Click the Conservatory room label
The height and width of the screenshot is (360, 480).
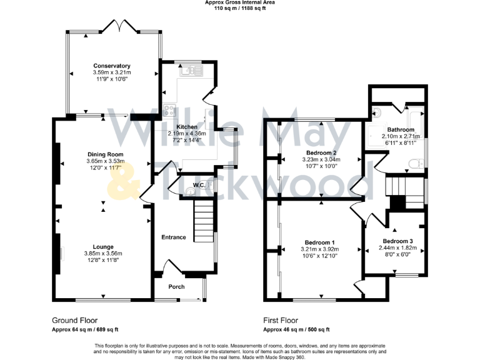point(111,66)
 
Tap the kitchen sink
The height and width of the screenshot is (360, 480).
point(189,71)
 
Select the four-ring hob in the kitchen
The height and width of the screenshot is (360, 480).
point(169,111)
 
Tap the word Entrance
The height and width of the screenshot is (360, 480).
point(174,237)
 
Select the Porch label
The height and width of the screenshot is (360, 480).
point(177,287)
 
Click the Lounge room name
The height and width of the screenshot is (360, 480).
point(103,246)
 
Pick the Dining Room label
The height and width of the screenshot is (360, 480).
point(104,154)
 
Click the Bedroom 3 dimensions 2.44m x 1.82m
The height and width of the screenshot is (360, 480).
point(397,247)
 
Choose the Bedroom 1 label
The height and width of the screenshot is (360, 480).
point(320,242)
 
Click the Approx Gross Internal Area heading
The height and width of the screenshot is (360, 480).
point(240,2)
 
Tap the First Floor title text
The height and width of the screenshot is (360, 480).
point(281,319)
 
